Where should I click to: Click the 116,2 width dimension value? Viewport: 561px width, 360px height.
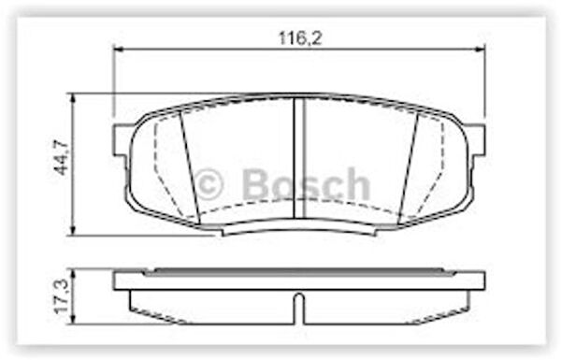point(300,38)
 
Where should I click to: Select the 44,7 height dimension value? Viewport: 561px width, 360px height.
point(61,157)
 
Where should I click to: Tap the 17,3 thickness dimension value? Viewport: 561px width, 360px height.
point(61,296)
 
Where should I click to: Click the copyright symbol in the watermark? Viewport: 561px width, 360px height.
point(209,184)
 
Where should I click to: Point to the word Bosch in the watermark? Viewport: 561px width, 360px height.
point(307,184)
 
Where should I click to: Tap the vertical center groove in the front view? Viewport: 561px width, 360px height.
point(299,158)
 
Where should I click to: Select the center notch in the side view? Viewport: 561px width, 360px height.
point(299,309)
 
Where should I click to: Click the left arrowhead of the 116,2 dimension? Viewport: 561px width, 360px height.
point(118,49)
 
